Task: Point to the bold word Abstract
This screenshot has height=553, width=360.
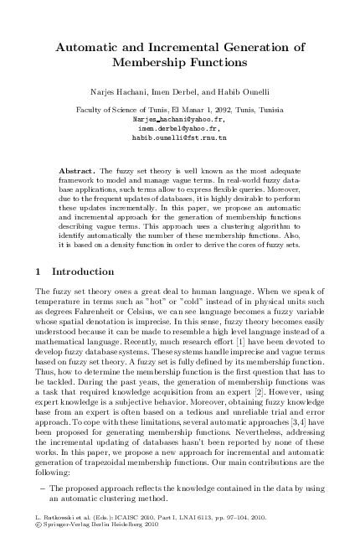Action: tap(78, 171)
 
